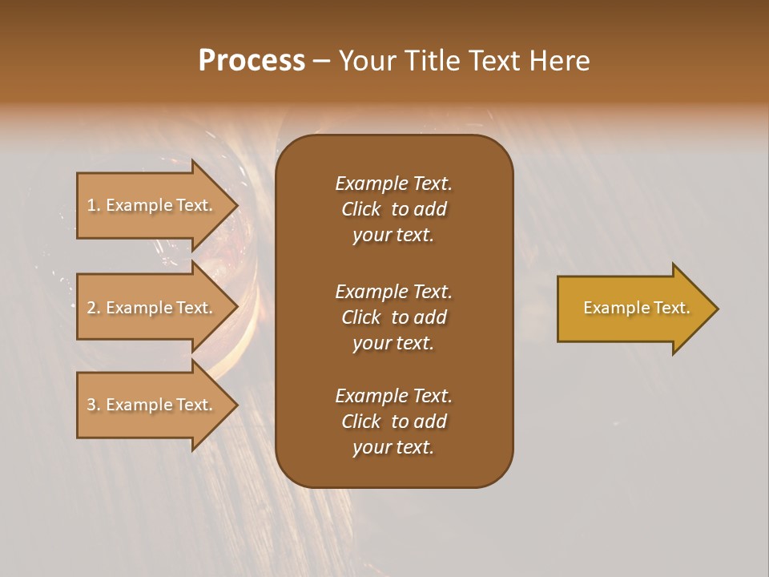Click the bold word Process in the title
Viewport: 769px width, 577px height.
[x=252, y=61]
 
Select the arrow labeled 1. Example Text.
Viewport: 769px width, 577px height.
[x=152, y=205]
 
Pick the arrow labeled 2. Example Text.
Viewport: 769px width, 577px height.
[x=152, y=308]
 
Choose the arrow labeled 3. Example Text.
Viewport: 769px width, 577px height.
[x=152, y=405]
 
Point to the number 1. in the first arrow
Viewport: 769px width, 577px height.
[x=94, y=205]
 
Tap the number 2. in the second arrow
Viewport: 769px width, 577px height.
[x=94, y=308]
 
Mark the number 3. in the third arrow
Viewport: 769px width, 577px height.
[x=94, y=405]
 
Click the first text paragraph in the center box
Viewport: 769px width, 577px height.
[x=393, y=209]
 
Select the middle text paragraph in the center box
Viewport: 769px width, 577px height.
[x=393, y=317]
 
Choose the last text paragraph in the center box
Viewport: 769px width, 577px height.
[x=393, y=422]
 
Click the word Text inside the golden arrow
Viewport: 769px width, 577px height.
[x=673, y=308]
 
